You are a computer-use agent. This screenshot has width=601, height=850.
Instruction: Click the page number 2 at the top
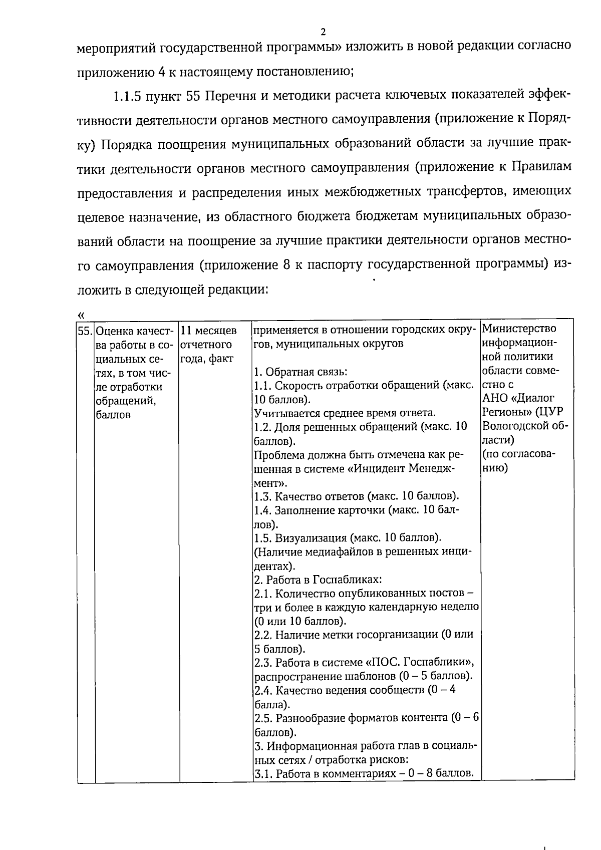[323, 32]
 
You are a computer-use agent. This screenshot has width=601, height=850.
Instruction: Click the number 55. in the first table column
[86, 331]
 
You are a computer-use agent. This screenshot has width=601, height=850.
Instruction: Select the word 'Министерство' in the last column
[518, 329]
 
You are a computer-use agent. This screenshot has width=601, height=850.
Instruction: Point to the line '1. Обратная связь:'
[300, 372]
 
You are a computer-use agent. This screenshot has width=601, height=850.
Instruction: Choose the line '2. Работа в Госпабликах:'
[318, 580]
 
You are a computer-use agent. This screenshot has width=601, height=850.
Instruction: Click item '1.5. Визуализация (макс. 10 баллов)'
[348, 538]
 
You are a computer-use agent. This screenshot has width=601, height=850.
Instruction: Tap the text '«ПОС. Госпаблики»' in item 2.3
[424, 662]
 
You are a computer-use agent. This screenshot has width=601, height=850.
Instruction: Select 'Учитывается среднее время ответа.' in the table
[345, 413]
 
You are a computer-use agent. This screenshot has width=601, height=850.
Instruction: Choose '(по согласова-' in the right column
[519, 454]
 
